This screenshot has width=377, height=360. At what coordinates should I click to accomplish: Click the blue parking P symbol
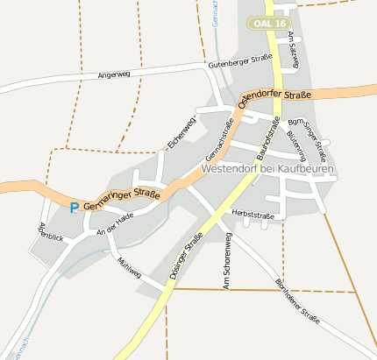75,207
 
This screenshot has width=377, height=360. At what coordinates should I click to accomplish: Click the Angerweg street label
114,75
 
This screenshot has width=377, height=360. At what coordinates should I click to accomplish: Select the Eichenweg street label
180,131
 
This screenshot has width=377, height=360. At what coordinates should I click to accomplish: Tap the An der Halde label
115,222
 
